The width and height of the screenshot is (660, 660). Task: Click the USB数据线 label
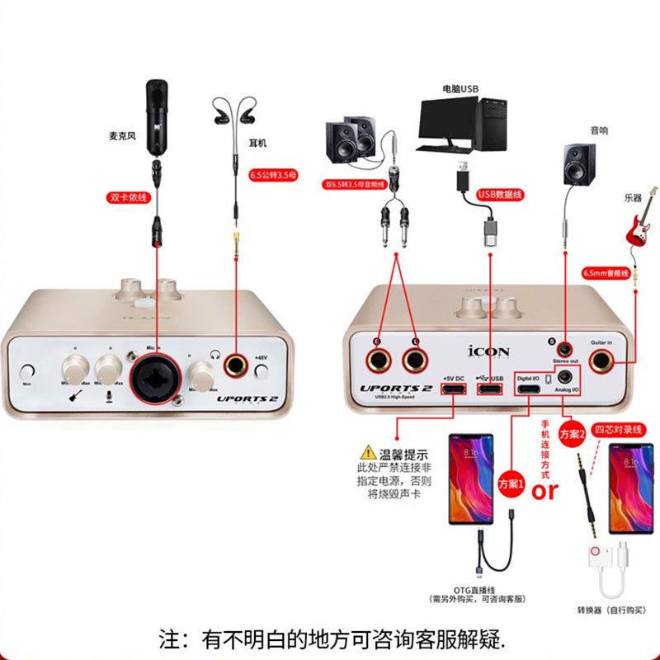pyautogui.click(x=501, y=195)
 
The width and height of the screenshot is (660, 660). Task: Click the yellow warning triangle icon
pyautogui.click(x=365, y=453)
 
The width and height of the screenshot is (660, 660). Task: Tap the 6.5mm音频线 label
pyautogui.click(x=605, y=272)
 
